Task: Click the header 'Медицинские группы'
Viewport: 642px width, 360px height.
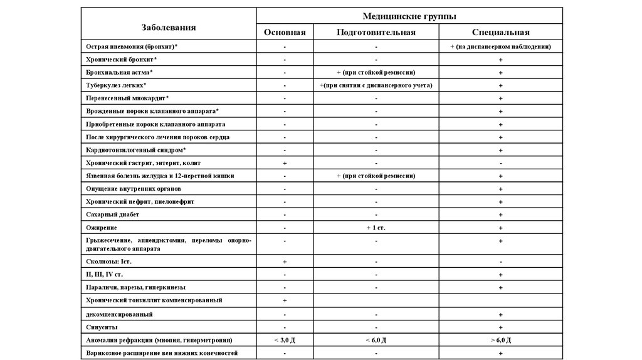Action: (409, 16)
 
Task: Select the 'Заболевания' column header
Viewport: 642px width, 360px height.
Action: (168, 27)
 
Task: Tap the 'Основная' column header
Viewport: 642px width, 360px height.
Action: (285, 33)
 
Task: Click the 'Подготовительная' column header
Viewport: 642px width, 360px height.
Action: (376, 33)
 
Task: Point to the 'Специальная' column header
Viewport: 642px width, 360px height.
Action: (501, 33)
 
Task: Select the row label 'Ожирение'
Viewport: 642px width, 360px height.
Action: (102, 228)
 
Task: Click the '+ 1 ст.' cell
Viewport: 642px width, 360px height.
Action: (376, 228)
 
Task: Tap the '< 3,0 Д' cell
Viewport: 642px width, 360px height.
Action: (285, 341)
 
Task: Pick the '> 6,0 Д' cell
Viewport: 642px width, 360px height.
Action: (501, 341)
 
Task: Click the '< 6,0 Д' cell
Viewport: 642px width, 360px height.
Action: (376, 341)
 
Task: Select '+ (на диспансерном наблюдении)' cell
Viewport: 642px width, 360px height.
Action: (501, 47)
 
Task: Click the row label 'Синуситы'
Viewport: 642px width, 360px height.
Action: (102, 327)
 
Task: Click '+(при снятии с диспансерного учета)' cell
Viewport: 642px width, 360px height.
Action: (376, 85)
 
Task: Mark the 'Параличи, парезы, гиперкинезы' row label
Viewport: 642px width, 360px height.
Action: (135, 287)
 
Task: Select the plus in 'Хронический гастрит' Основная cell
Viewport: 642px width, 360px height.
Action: (285, 163)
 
